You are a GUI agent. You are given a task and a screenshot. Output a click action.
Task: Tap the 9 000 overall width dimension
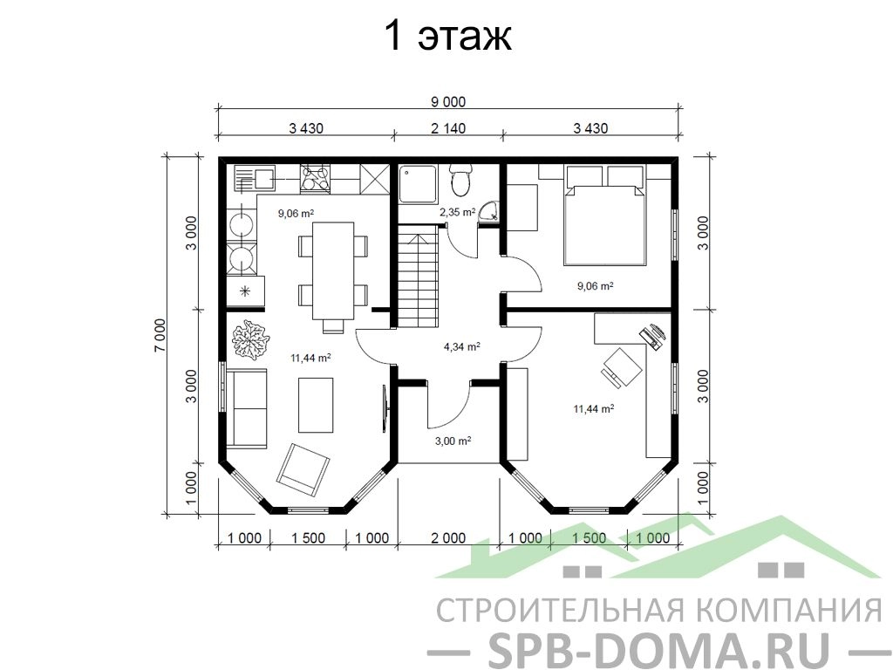447,102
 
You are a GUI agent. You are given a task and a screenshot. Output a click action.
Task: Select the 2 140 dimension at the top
447,128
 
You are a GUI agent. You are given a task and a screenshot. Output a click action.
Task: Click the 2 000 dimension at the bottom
448,537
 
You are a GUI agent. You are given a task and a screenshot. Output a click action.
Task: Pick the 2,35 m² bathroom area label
457,213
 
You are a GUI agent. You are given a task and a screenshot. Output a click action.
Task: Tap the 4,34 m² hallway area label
461,345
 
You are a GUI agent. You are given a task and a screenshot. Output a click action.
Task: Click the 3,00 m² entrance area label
453,441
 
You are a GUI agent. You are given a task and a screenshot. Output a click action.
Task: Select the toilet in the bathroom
460,178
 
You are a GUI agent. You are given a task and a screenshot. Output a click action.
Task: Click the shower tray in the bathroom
418,183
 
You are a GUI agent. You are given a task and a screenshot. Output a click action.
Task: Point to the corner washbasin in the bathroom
488,211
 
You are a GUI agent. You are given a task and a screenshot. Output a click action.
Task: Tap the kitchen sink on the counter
254,178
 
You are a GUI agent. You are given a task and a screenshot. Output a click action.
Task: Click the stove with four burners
315,178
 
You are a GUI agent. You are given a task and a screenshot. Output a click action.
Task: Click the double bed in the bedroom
605,215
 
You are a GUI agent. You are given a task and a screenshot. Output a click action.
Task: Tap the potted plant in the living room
249,339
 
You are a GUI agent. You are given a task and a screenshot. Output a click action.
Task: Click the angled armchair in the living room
303,468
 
